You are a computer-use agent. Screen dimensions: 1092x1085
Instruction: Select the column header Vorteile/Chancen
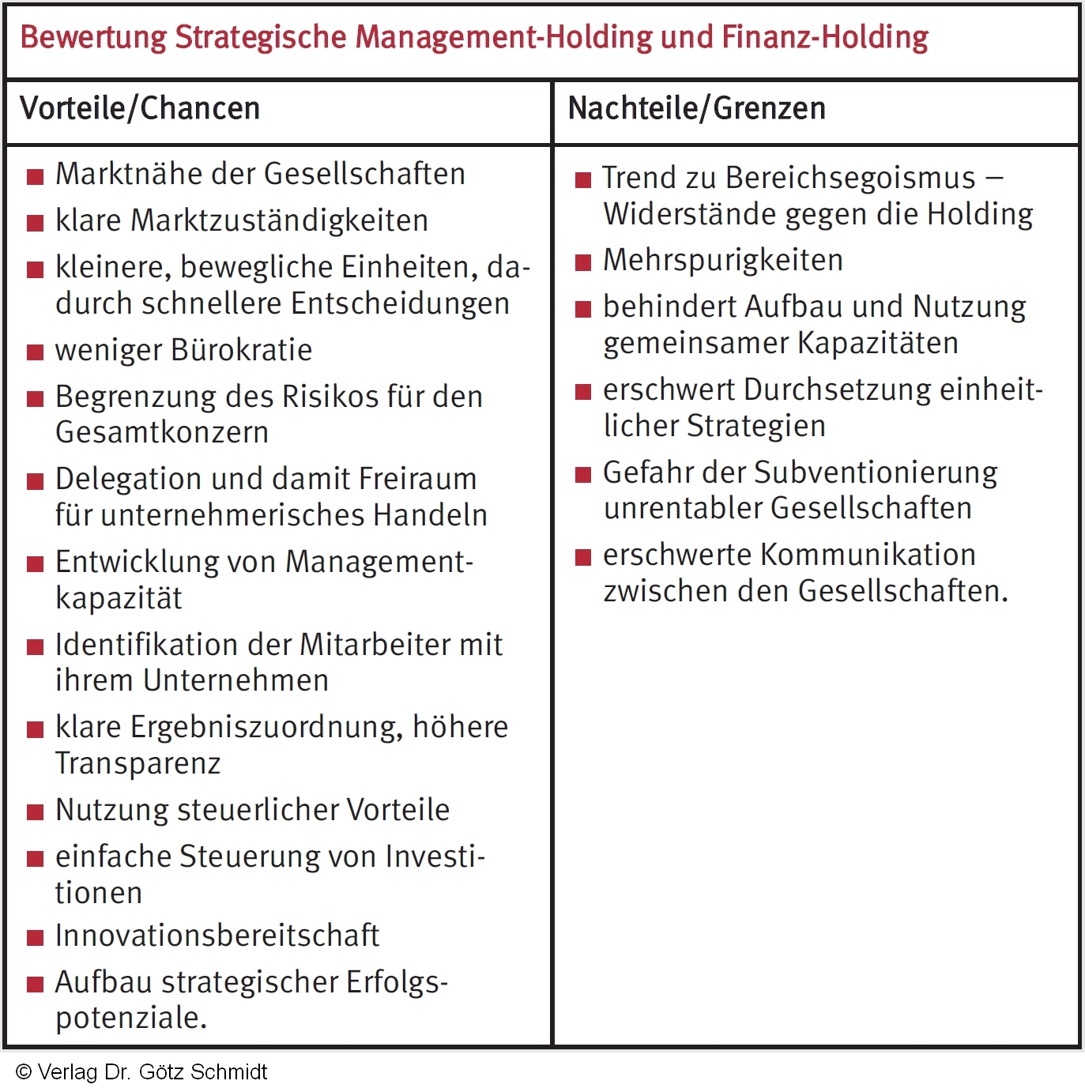tap(140, 108)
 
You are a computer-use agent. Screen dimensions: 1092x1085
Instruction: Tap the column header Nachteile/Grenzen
tap(696, 108)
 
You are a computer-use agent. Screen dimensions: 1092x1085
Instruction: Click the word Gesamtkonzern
tap(162, 432)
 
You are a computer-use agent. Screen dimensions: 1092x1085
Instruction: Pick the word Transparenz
tap(138, 763)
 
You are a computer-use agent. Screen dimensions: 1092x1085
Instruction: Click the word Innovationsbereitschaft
tap(217, 936)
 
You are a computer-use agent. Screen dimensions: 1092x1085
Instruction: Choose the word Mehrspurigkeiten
tap(723, 260)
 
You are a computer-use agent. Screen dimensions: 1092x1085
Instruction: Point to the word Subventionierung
tap(876, 473)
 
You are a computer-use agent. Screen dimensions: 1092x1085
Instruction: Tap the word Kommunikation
tap(868, 555)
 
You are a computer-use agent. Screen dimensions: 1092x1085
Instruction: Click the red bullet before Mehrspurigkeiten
tap(583, 262)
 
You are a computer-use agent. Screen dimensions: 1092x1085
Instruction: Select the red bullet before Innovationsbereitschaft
tap(36, 938)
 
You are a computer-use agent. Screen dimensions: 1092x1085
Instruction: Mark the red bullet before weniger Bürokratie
tap(36, 352)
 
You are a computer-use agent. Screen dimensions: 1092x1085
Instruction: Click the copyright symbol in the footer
tap(24, 1072)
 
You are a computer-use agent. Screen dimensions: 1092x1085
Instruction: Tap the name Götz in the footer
tap(160, 1072)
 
